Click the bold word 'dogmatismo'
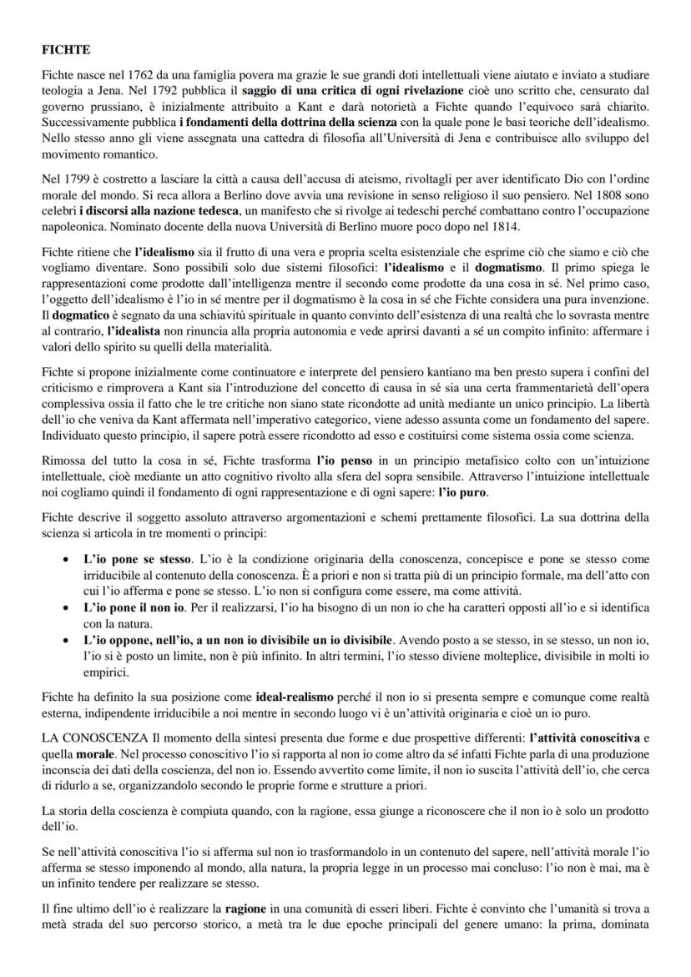click(506, 271)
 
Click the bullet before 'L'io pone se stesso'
click(66, 556)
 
